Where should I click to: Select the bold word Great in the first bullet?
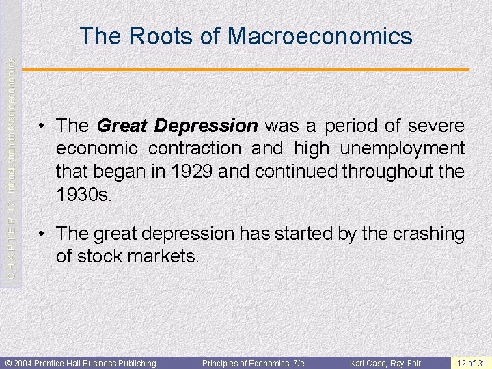coord(122,126)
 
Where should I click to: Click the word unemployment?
coord(398,148)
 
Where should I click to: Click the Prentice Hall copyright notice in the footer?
coord(81,363)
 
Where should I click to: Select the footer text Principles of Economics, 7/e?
coord(253,363)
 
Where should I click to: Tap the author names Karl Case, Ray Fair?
coord(385,363)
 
